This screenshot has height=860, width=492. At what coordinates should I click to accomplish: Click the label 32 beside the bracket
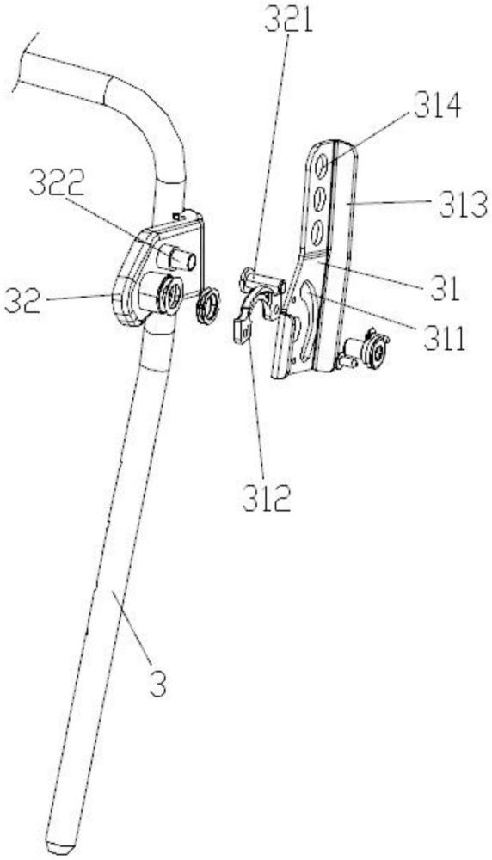pos(22,299)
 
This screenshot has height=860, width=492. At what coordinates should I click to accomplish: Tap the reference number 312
pos(268,499)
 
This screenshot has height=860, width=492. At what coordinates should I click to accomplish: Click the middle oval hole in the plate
pos(318,199)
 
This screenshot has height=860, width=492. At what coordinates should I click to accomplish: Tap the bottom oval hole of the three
pos(317,233)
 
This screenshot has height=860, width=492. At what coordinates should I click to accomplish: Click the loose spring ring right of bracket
pos(208,306)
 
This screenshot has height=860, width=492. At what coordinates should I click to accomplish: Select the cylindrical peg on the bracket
pos(177,257)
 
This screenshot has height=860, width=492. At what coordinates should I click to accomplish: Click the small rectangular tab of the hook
pos(242,332)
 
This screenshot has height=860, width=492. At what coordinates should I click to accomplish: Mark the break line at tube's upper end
pos(26,62)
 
